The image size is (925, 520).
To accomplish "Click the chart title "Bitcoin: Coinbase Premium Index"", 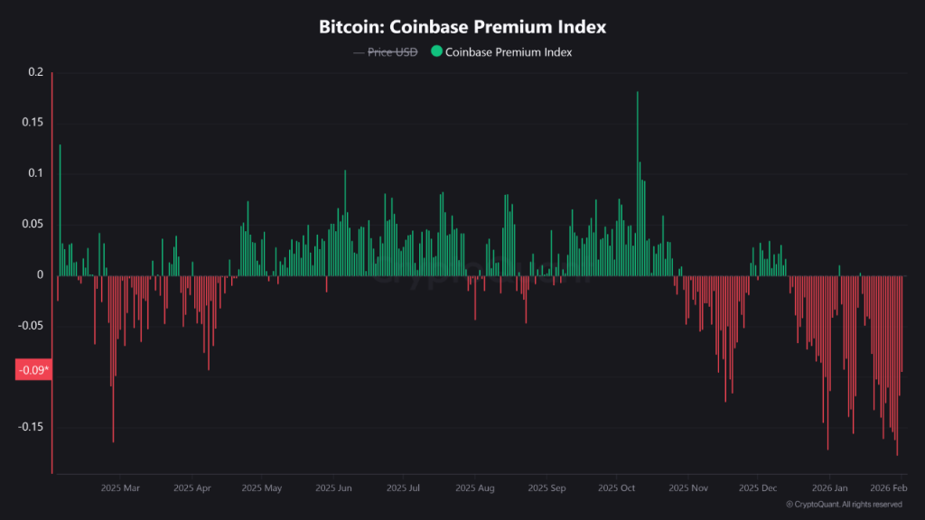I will point(462,27).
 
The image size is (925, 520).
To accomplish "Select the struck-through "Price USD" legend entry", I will point(393,52).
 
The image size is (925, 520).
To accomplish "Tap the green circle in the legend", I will point(436,52).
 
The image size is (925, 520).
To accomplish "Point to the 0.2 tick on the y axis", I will point(35,71).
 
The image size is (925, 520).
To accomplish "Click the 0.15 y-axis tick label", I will point(33,122).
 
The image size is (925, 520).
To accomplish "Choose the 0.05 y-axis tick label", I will point(33,224).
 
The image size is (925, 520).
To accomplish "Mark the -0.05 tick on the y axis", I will point(31,325).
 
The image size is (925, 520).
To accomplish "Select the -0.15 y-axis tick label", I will point(31,427).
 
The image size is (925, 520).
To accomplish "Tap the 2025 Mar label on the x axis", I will point(120,488).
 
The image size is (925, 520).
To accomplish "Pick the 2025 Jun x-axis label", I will point(333,488).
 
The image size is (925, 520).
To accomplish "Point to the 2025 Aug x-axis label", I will point(475,488).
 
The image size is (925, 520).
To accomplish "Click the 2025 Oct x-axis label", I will point(616,488).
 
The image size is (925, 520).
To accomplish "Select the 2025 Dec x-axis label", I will point(758,488).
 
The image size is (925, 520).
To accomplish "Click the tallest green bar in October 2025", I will point(638,181).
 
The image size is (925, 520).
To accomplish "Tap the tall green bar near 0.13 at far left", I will point(60,208).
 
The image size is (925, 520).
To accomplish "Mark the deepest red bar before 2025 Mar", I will point(113,361).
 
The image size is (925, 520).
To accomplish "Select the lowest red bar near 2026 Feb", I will point(897,370).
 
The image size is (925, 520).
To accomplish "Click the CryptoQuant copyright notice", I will point(844,505).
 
